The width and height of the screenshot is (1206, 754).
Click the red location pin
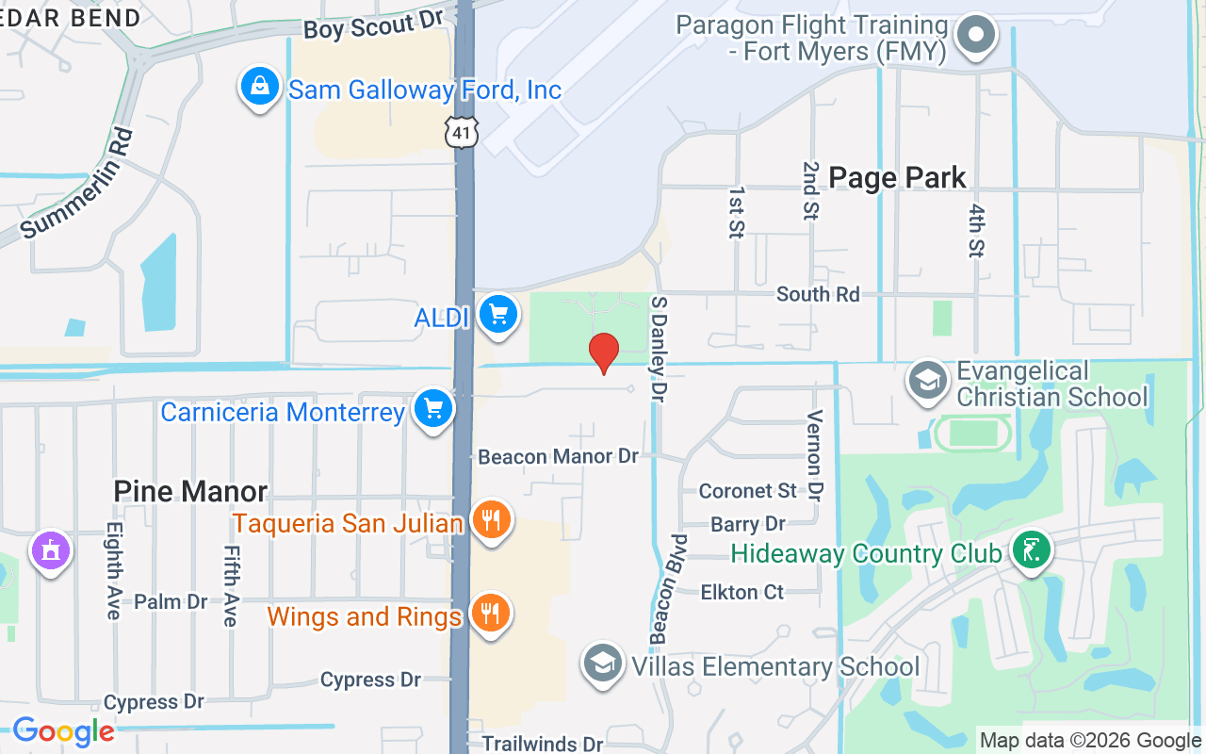point(603,352)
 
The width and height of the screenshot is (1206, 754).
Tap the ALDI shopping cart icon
point(498,315)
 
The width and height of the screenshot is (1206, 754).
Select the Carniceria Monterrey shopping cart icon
point(433,410)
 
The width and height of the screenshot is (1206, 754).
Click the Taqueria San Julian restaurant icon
point(491,520)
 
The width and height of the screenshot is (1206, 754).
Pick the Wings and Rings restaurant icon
point(490,615)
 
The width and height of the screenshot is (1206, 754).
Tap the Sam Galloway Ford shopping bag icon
point(259,88)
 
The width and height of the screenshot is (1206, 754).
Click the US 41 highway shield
point(462,132)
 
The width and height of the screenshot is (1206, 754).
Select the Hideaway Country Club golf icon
point(1031,551)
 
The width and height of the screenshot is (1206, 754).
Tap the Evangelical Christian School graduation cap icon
point(928,381)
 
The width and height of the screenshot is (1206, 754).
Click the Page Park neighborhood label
point(897,177)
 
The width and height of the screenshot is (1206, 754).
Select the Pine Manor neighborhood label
point(190,490)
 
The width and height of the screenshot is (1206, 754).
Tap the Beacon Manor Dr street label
point(558,457)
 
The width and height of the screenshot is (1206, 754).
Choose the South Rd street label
point(818,294)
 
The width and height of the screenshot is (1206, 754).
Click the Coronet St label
point(748,491)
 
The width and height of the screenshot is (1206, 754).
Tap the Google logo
point(63,731)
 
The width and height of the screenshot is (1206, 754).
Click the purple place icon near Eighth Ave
point(51,549)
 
